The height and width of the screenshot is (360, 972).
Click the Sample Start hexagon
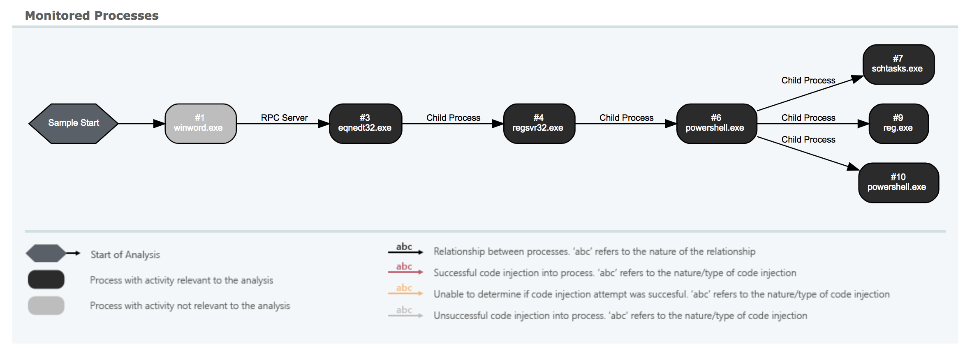click(x=74, y=123)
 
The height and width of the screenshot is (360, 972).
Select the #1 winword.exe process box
click(x=201, y=123)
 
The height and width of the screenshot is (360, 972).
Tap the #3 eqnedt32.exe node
click(x=366, y=123)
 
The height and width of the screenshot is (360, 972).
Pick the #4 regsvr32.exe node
click(x=539, y=123)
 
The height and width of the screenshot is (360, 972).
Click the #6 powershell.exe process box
click(x=717, y=123)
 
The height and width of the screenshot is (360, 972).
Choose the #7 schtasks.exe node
click(x=898, y=65)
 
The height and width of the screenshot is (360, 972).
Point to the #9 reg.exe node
click(x=898, y=123)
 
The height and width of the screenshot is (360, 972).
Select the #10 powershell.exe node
click(x=898, y=182)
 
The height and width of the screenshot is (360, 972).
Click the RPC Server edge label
click(x=284, y=118)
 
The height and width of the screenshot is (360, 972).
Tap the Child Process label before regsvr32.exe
click(x=453, y=118)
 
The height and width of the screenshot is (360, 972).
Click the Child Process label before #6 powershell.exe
click(x=626, y=118)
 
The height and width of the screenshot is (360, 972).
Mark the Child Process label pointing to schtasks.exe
click(x=808, y=80)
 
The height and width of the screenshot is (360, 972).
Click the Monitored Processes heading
click(x=92, y=16)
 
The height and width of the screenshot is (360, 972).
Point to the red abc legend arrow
click(x=405, y=272)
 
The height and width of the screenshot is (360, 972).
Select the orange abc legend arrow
click(x=405, y=293)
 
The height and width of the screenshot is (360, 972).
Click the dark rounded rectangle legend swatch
click(x=46, y=279)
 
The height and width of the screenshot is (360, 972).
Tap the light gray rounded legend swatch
click(x=46, y=305)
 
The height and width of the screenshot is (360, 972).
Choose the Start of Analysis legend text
click(x=125, y=255)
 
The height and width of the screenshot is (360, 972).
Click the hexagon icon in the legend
click(x=46, y=253)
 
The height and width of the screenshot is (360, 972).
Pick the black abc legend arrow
click(x=405, y=252)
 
